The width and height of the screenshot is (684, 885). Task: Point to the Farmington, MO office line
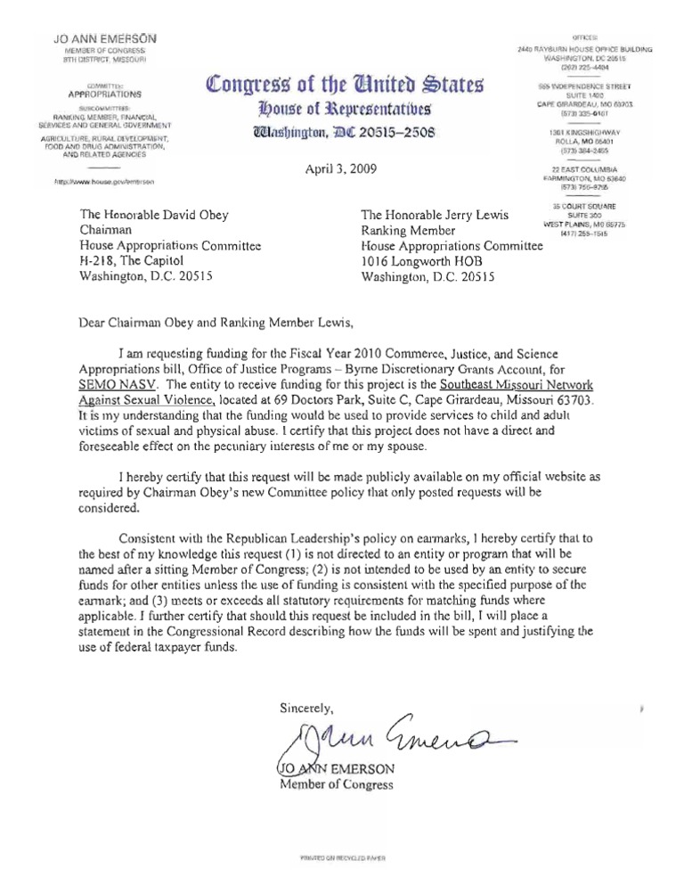[x=584, y=177]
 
